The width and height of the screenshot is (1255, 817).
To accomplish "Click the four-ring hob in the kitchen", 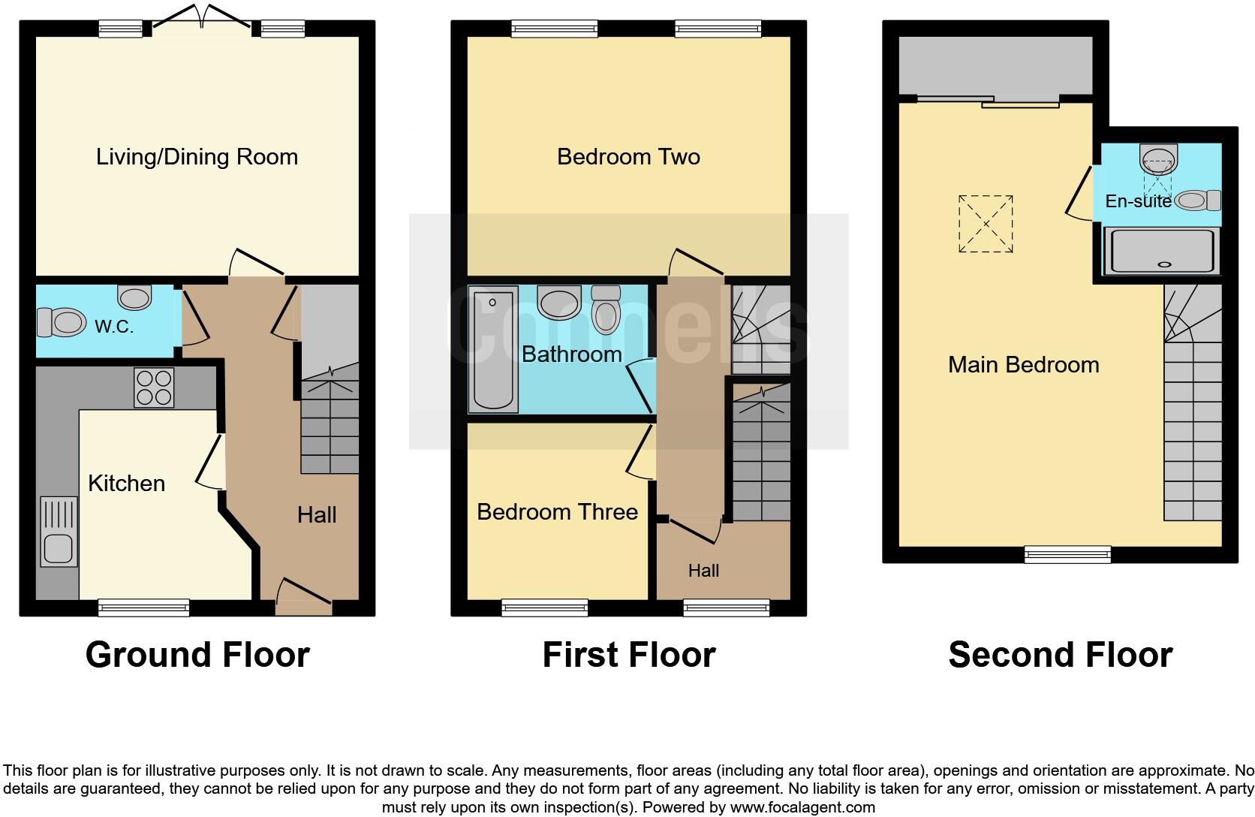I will (x=154, y=387).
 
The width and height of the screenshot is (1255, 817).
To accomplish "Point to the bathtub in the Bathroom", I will (x=492, y=349).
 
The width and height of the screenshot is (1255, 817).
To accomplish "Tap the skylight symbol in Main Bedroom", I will (x=986, y=224).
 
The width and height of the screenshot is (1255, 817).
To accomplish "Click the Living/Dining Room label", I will (x=197, y=157).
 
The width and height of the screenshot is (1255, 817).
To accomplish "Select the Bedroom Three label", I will (x=557, y=512).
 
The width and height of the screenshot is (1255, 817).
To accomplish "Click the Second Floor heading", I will (x=1060, y=655).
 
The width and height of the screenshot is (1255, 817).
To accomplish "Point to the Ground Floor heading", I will (x=197, y=655).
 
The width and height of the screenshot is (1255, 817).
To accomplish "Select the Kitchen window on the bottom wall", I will (x=144, y=607).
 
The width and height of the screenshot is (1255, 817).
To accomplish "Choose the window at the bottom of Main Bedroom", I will (x=1067, y=554).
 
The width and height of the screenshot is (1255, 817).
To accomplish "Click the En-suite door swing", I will (x=1079, y=194).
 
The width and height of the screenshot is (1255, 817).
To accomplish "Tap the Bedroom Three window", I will (x=544, y=607).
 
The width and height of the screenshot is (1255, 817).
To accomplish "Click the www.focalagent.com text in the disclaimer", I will (x=802, y=808).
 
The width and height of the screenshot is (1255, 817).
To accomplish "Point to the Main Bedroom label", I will (x=1023, y=365).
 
